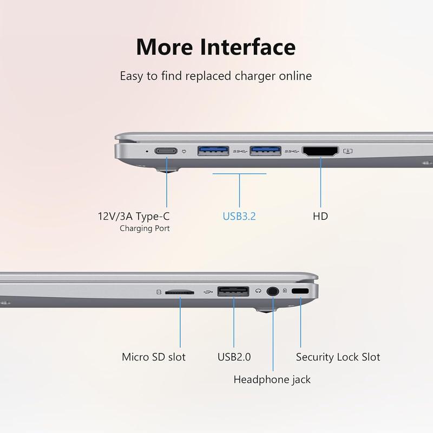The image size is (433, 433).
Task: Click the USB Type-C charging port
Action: coord(166,151)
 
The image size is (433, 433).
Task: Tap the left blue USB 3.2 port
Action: coord(213,150)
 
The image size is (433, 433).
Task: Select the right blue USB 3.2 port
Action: coord(265,150)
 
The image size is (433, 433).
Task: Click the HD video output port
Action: coord(320,151)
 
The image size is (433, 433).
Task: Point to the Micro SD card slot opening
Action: coord(179,291)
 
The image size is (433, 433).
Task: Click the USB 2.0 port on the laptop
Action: coord(233,291)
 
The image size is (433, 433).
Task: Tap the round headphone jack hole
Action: coord(273,291)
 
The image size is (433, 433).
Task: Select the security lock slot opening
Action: coord(300,291)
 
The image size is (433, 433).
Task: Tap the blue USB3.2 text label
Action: coord(239,216)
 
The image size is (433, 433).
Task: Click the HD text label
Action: coord(320,216)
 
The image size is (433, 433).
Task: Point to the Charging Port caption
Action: coord(145,228)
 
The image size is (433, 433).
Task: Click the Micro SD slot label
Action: coord(154,357)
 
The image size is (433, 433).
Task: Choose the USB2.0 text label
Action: coord(234,357)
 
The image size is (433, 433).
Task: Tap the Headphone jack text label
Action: coord(272,379)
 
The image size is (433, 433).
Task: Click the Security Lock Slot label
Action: coord(338,357)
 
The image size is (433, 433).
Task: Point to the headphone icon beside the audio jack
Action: coord(259,291)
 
